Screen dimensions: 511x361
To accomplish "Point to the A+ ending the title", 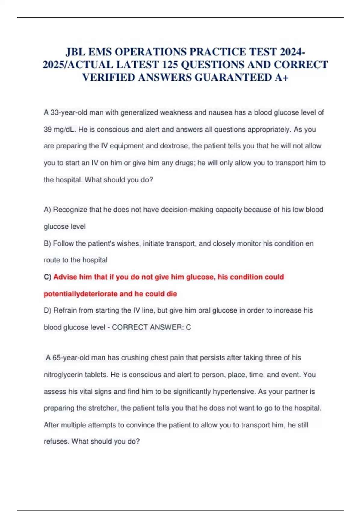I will (x=282, y=78).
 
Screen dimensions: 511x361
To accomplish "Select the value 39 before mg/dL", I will (x=48, y=130).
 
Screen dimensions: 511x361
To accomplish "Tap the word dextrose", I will (x=174, y=146).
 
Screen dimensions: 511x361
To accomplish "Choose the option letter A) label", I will (x=47, y=210).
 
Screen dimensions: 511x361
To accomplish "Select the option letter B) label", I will (x=47, y=243).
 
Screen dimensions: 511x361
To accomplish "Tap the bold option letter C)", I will (x=48, y=277).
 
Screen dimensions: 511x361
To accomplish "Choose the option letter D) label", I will (x=48, y=310).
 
